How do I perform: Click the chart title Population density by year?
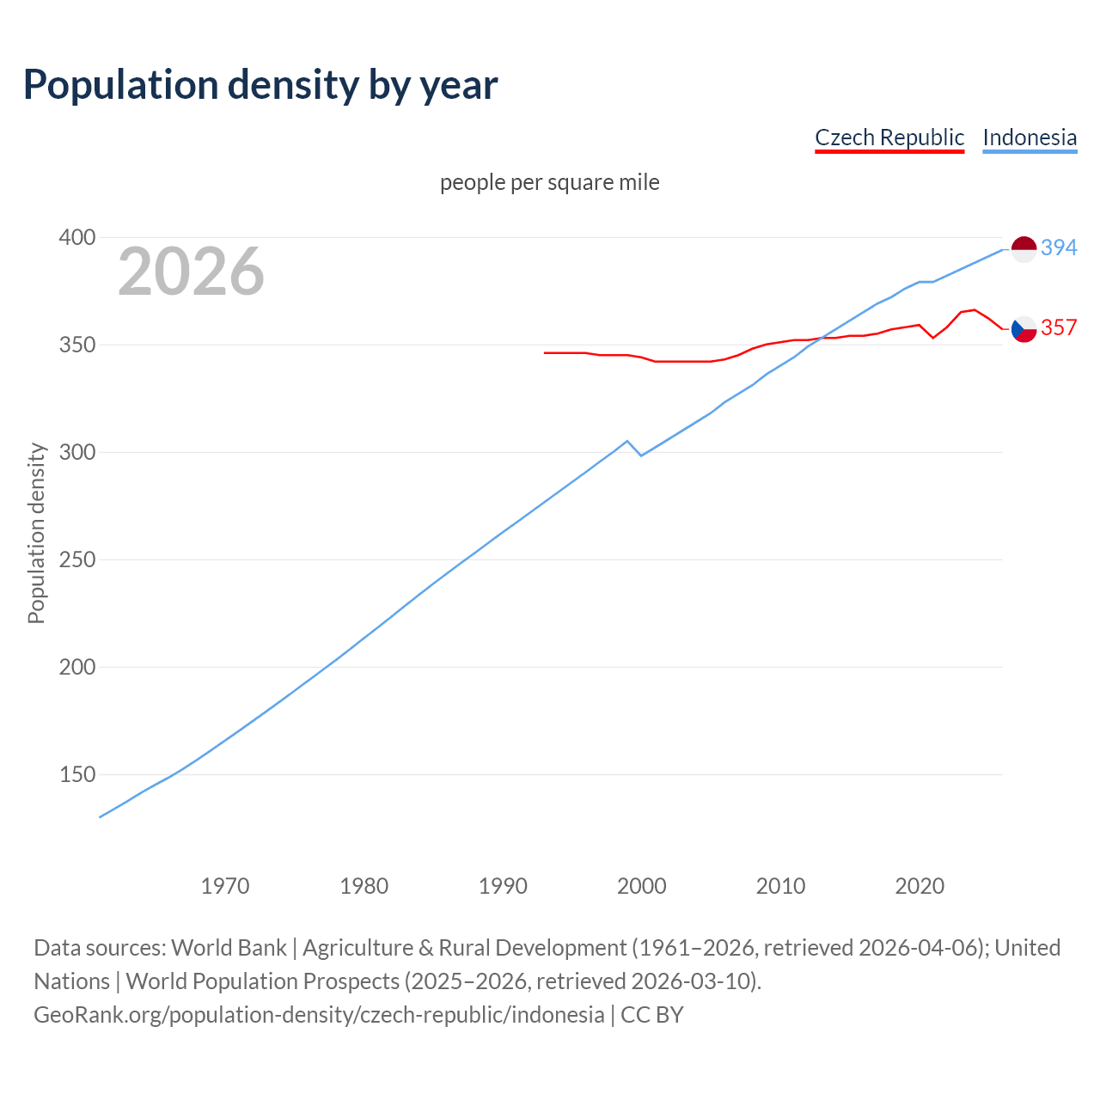pos(260,85)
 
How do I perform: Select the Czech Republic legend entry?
pos(889,137)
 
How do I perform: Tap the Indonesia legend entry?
pos(1029,137)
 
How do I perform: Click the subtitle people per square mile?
pos(549,182)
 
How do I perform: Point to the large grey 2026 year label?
pos(191,272)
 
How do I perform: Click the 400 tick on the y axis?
pos(76,237)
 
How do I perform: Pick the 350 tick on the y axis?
pos(76,345)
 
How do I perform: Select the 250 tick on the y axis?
pos(76,559)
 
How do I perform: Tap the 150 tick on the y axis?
pos(76,774)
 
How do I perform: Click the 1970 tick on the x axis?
pos(225,886)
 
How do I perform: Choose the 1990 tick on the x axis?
pos(503,886)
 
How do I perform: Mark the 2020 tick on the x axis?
pos(920,886)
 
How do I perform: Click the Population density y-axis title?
pos(36,533)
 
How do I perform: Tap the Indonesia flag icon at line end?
pos(1024,248)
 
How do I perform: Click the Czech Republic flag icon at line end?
pos(1024,328)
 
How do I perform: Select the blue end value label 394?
pos(1059,247)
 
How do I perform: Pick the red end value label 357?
pos(1059,327)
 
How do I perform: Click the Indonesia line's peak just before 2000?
pos(627,441)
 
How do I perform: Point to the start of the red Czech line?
pos(545,352)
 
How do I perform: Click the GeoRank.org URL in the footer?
pos(319,1015)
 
